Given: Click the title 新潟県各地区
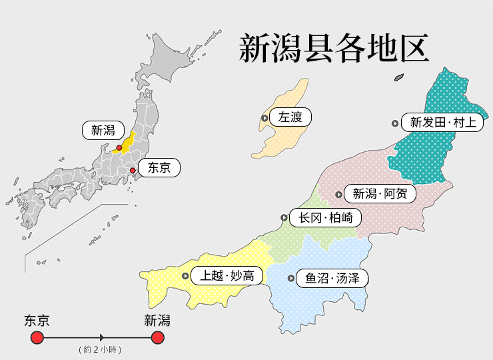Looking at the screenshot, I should pos(333,49).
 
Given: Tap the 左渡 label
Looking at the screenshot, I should pos(290,118).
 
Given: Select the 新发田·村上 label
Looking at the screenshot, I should pos(442,123).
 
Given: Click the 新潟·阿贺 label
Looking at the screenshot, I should pos(383,195).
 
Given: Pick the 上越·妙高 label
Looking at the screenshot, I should pos(227,275).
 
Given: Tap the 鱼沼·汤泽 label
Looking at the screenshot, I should pos(332,278).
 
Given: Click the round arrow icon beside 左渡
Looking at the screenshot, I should pos(264,118).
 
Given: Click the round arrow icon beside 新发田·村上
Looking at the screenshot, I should pos(395,123).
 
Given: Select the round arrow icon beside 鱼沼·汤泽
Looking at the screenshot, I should pos(290,278).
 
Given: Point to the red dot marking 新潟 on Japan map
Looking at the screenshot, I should pos(119,148).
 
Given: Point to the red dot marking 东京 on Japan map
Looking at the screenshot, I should pos(133,171).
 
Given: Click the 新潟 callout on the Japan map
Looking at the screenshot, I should pos(103,131).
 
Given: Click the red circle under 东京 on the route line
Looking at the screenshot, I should pos(37,338).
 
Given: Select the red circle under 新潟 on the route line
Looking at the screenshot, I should pos(157,338).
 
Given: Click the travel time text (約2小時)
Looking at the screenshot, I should pos(100,350).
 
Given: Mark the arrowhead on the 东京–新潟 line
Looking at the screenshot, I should pos(101,338).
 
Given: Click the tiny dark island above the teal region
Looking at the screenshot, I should pos(398,77).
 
